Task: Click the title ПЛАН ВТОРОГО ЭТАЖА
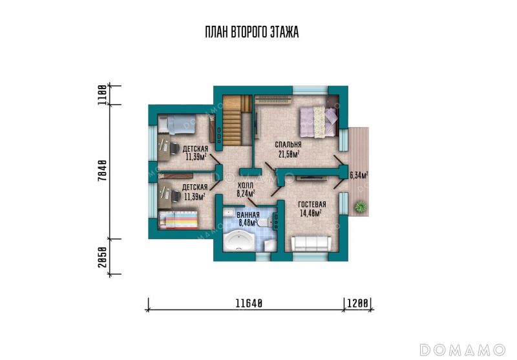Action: click(x=252, y=32)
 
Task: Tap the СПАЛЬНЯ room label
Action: click(x=288, y=144)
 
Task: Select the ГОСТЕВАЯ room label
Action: click(x=312, y=204)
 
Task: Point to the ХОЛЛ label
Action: click(x=246, y=185)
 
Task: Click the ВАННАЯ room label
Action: click(x=248, y=215)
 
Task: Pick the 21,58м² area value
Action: click(x=289, y=154)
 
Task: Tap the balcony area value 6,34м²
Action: click(x=359, y=175)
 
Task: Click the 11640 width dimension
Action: click(x=249, y=303)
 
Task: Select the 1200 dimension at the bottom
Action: click(x=357, y=303)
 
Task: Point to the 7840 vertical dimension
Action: click(x=103, y=170)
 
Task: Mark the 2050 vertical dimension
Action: click(x=103, y=257)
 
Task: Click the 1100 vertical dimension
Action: click(x=103, y=95)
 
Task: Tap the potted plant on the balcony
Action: click(x=361, y=206)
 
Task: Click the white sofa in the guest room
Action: click(x=311, y=243)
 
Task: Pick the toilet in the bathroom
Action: click(x=265, y=223)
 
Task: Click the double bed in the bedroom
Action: click(x=319, y=122)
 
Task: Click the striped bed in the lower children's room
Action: click(x=178, y=220)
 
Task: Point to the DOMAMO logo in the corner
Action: click(x=463, y=349)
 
